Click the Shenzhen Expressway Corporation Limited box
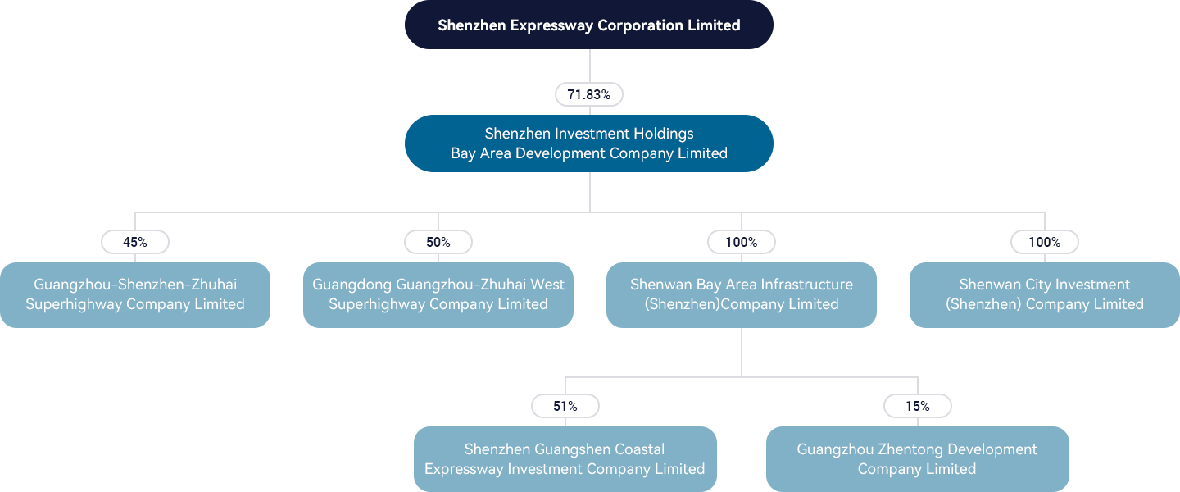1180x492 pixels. click(x=589, y=25)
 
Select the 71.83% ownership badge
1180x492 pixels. click(x=589, y=94)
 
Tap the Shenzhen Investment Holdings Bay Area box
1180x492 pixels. click(x=589, y=143)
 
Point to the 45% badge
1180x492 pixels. click(x=135, y=242)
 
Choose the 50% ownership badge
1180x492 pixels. click(x=438, y=242)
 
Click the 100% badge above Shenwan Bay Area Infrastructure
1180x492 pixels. click(x=741, y=242)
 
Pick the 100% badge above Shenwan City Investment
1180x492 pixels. click(x=1045, y=242)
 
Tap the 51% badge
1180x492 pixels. click(x=565, y=406)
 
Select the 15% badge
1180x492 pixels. click(x=918, y=406)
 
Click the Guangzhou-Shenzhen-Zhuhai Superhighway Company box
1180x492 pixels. click(x=135, y=295)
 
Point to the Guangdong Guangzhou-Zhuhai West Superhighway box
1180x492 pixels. click(x=438, y=295)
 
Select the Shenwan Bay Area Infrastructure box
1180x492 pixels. click(x=741, y=295)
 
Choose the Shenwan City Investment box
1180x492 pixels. click(x=1045, y=295)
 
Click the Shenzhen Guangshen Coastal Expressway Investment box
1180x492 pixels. click(x=565, y=459)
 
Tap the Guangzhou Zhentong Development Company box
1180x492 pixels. click(x=918, y=459)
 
